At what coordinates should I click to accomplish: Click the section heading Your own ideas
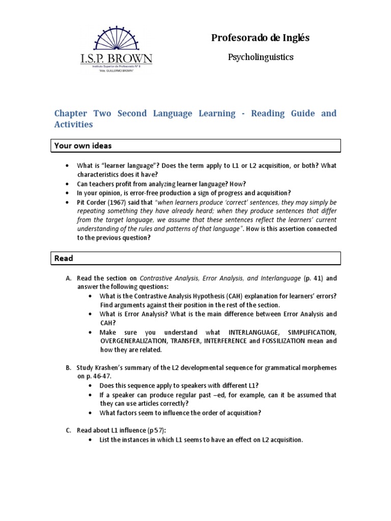(x=83, y=146)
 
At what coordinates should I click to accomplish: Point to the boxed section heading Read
(x=64, y=258)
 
